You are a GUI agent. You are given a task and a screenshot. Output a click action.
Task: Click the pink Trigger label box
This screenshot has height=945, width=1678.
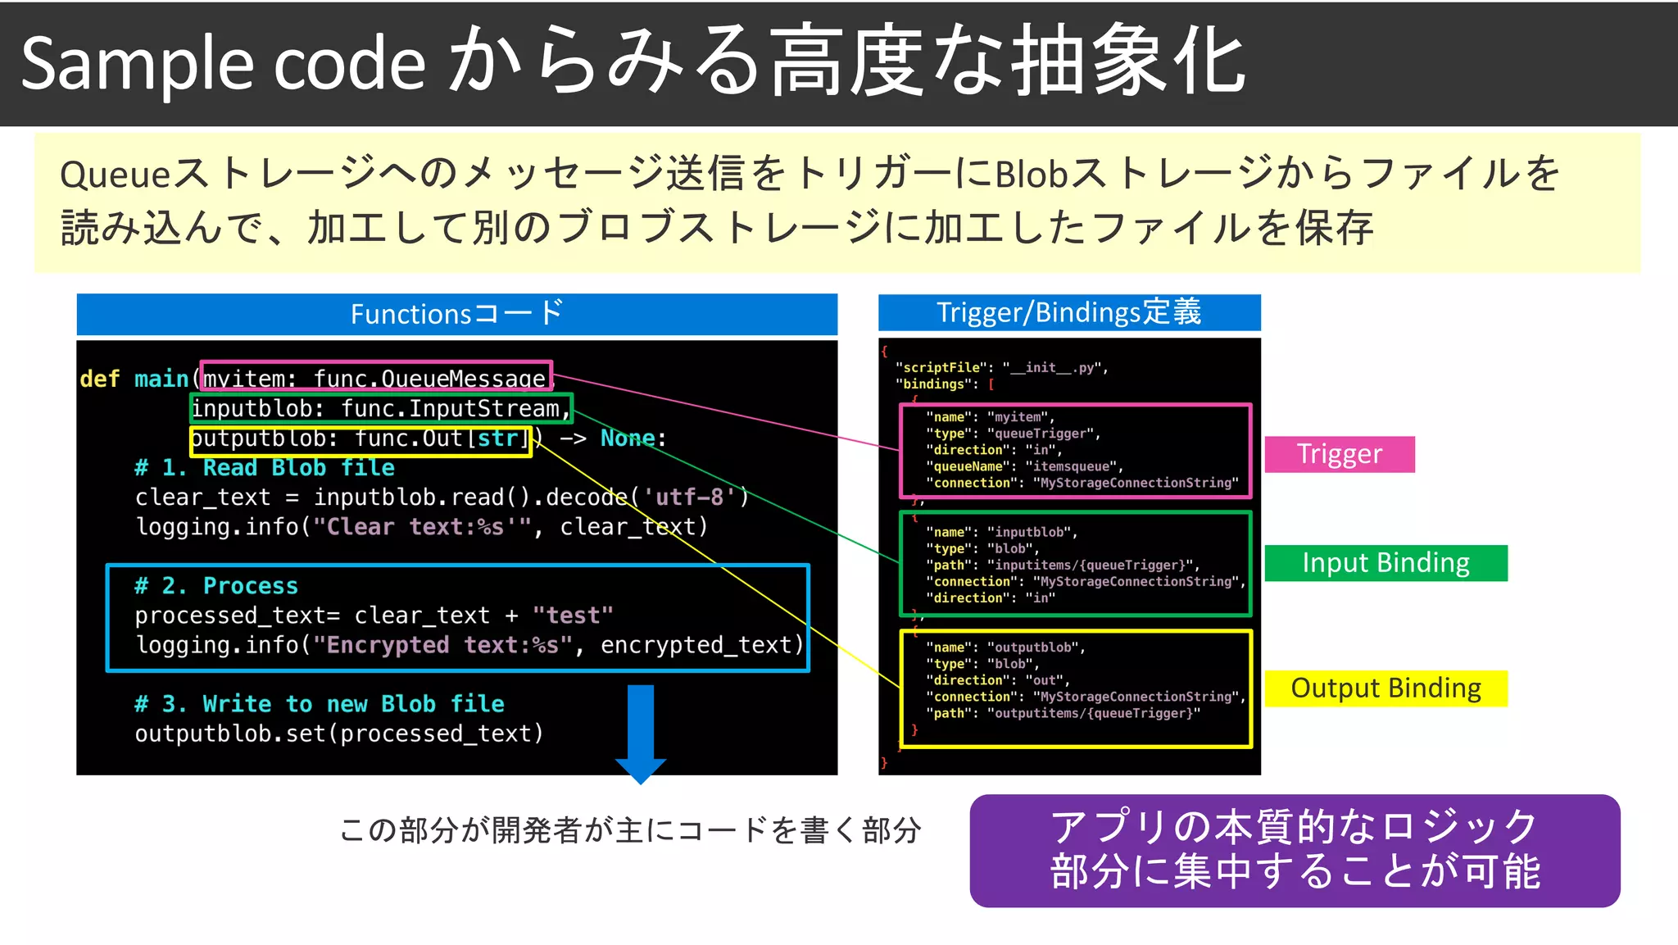[1339, 454]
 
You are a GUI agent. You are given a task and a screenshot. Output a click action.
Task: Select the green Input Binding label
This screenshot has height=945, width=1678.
[1385, 563]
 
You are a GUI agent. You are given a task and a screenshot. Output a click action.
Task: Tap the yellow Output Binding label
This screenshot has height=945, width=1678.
[1385, 688]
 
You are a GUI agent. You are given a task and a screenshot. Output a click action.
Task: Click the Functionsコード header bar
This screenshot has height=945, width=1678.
[456, 314]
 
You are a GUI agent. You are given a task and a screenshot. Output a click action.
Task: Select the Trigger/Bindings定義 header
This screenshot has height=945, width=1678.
[1068, 312]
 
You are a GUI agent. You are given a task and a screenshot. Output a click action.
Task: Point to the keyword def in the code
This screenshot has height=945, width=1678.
[99, 379]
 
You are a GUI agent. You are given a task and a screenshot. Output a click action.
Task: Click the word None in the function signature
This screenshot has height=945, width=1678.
[628, 438]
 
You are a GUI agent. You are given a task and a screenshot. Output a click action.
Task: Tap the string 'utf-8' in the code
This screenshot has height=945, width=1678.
[689, 497]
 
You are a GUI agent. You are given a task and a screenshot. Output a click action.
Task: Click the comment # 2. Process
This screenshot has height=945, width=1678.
[216, 586]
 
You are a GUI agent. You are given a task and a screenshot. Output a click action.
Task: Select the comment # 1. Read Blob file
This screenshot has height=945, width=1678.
[264, 468]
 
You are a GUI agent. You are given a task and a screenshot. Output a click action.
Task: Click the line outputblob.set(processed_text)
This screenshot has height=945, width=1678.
[339, 734]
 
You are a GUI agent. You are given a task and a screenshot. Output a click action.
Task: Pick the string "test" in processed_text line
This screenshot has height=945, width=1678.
[572, 616]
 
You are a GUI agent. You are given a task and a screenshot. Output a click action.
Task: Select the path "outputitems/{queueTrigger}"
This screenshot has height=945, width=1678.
[1093, 713]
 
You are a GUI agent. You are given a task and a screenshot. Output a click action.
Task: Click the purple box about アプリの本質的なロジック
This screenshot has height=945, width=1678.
[1295, 850]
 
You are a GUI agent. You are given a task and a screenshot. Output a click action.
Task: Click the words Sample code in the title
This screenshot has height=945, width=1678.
[223, 64]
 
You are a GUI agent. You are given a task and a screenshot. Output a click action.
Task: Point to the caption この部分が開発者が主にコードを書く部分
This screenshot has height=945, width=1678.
[629, 830]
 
